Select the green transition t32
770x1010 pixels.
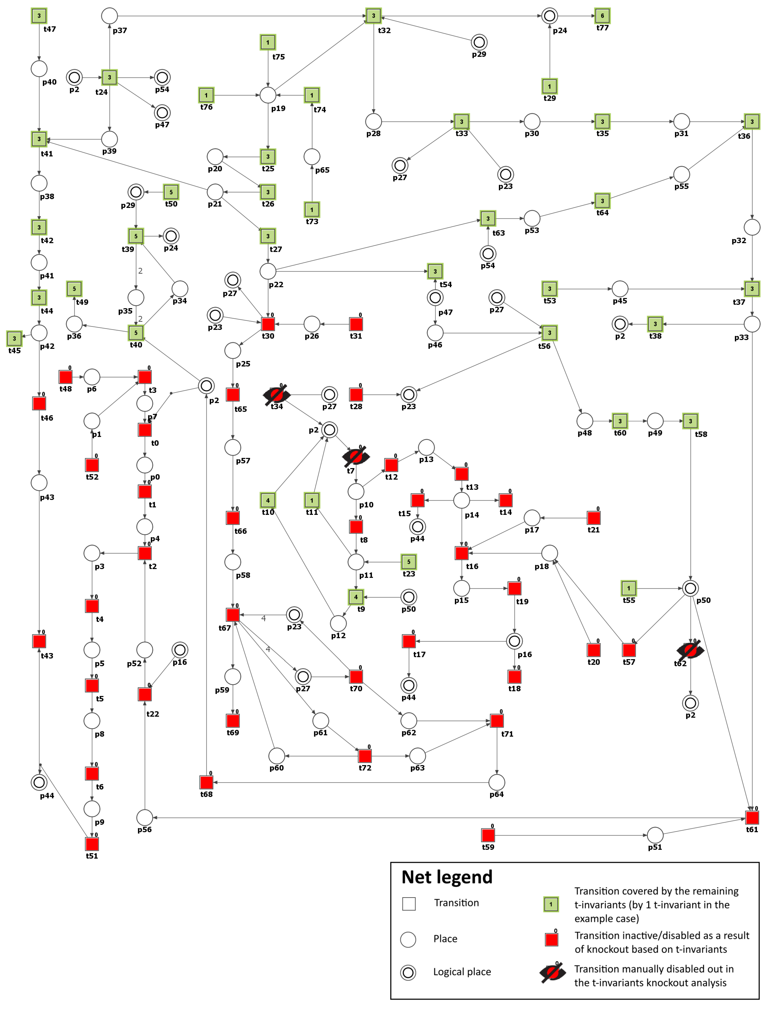373,16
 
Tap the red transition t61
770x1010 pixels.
752,817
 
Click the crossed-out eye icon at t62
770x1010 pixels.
690,650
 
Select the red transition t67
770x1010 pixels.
233,615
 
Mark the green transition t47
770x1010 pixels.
39,16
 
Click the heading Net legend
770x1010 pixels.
447,877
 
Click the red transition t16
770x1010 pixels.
462,553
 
